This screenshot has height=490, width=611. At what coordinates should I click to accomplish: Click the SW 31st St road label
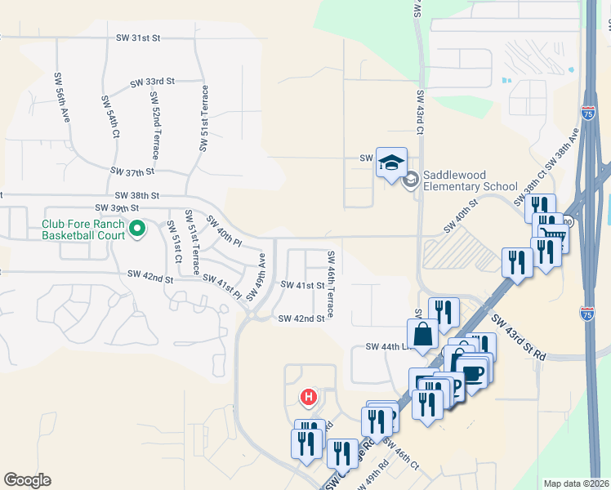[140, 38]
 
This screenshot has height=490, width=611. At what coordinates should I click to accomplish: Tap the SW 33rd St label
[153, 82]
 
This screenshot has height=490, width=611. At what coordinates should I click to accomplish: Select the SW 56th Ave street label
[63, 106]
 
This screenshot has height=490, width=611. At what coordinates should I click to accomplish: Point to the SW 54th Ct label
[111, 116]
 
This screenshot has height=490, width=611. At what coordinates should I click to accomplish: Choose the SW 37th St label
[132, 171]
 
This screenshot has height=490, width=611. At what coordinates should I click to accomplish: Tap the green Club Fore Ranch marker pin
[137, 230]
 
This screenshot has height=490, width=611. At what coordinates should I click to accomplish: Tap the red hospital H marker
[309, 398]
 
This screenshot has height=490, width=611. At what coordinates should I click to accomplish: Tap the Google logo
[27, 479]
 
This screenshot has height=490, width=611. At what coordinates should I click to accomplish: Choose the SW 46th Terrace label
[332, 285]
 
